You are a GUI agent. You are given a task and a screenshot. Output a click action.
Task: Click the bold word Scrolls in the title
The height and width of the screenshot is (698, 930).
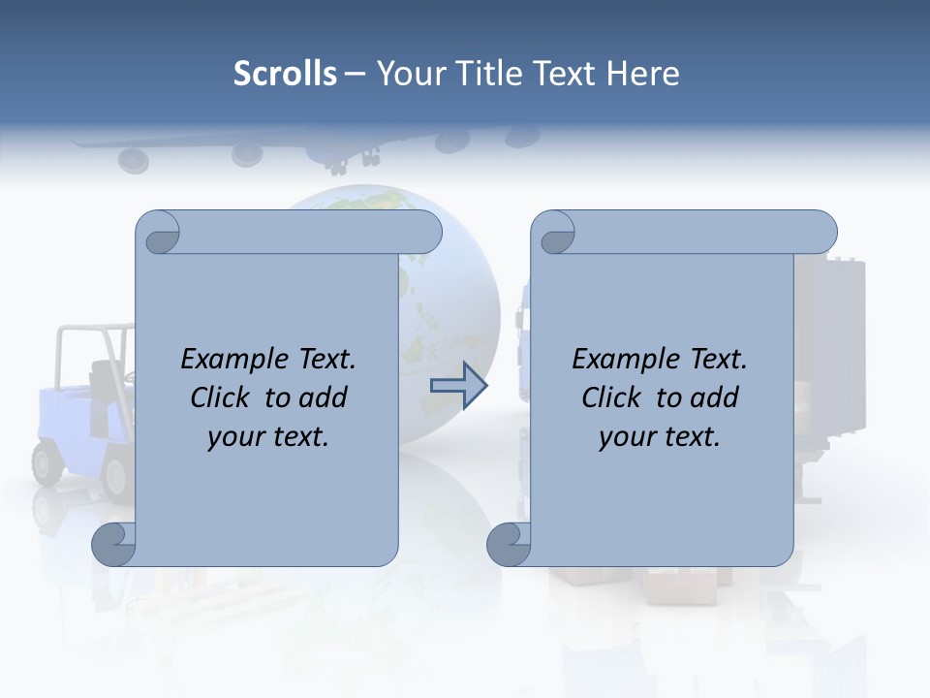pos(285,74)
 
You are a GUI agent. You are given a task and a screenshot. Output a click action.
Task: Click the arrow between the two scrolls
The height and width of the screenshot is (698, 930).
pos(459,386)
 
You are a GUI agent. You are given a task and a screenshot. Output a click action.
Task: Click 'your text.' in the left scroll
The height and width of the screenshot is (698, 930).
pos(268,437)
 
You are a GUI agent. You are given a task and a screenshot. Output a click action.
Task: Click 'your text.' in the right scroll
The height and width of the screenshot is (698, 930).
pos(660,437)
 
